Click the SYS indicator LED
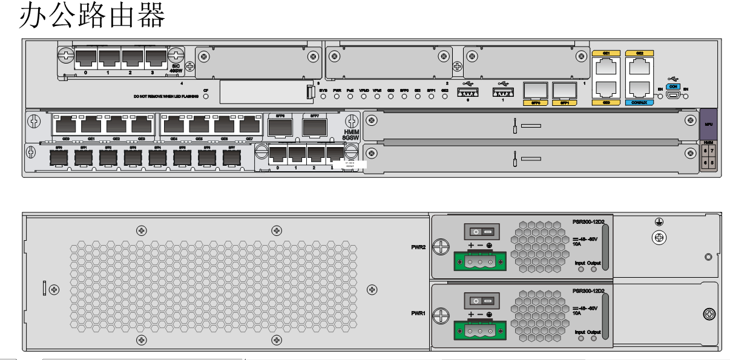coord(323,96)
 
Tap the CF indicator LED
coord(206,96)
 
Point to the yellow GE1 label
coord(606,53)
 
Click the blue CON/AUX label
coord(640,102)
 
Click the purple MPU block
coord(708,123)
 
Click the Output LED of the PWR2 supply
coord(593,270)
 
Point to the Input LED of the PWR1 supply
coord(581,339)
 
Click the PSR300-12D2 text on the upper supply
coord(588,222)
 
